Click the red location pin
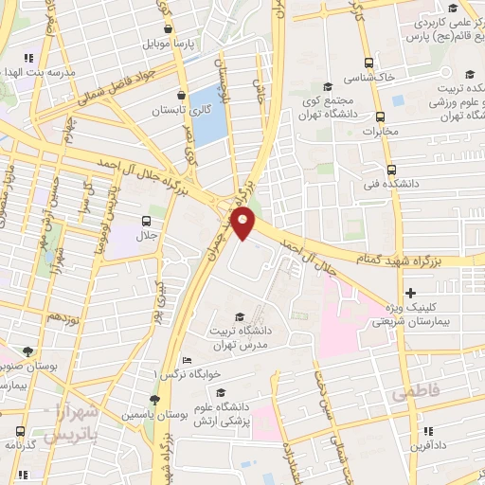point(244,222)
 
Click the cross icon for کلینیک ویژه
point(409,293)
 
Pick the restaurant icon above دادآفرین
point(428,429)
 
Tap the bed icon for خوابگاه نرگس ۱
point(187,360)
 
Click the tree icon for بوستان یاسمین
point(154,399)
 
